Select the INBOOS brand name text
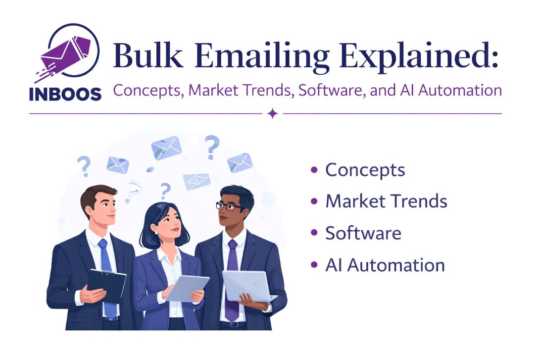tap(65, 94)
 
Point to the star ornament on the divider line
tap(272, 114)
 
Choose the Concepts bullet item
tap(365, 170)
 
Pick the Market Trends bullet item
tap(386, 202)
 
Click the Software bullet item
tap(363, 233)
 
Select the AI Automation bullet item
tap(385, 265)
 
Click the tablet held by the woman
tap(187, 288)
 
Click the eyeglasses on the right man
tap(228, 206)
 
